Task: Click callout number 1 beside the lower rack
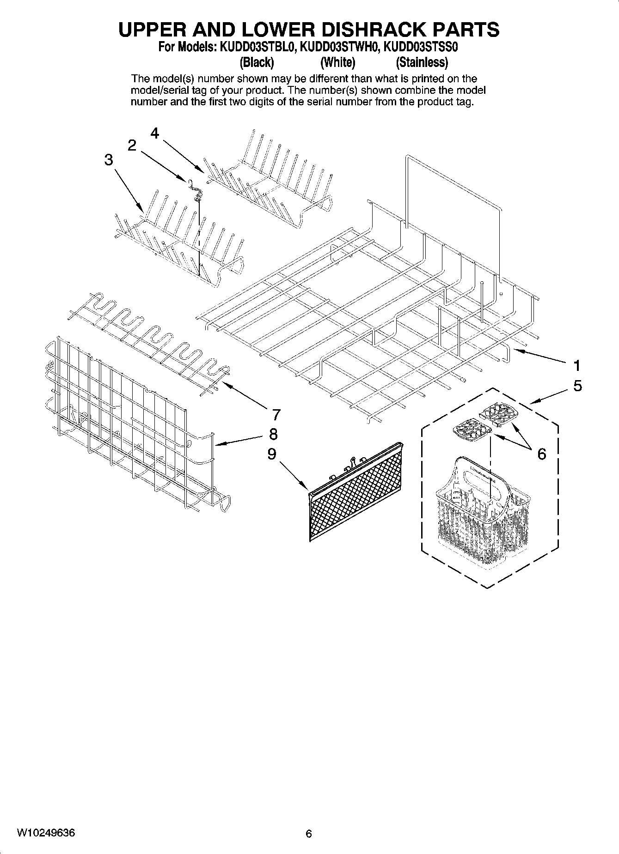(x=576, y=366)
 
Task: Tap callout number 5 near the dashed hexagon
(x=577, y=386)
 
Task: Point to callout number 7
(x=276, y=415)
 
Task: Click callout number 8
(x=273, y=434)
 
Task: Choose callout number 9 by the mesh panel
(x=272, y=454)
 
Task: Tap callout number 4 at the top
(x=155, y=133)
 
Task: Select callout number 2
(x=132, y=145)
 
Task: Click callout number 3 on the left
(x=108, y=160)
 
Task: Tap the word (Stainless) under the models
(x=422, y=62)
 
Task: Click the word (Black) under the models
(x=257, y=62)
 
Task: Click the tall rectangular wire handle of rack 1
(x=453, y=185)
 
